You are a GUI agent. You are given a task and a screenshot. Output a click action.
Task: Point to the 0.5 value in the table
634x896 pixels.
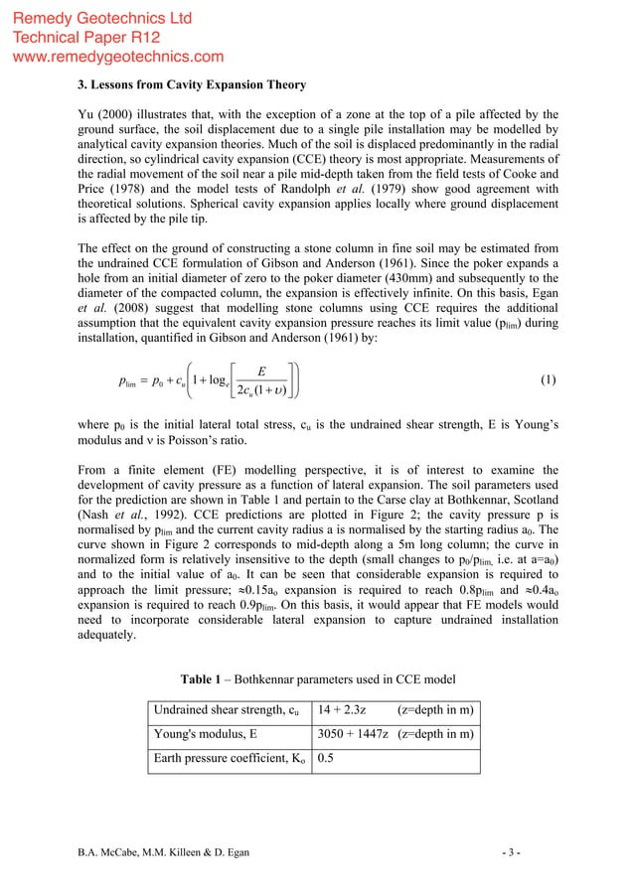coord(326,760)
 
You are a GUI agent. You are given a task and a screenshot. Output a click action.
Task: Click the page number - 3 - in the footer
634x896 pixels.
coord(545,852)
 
